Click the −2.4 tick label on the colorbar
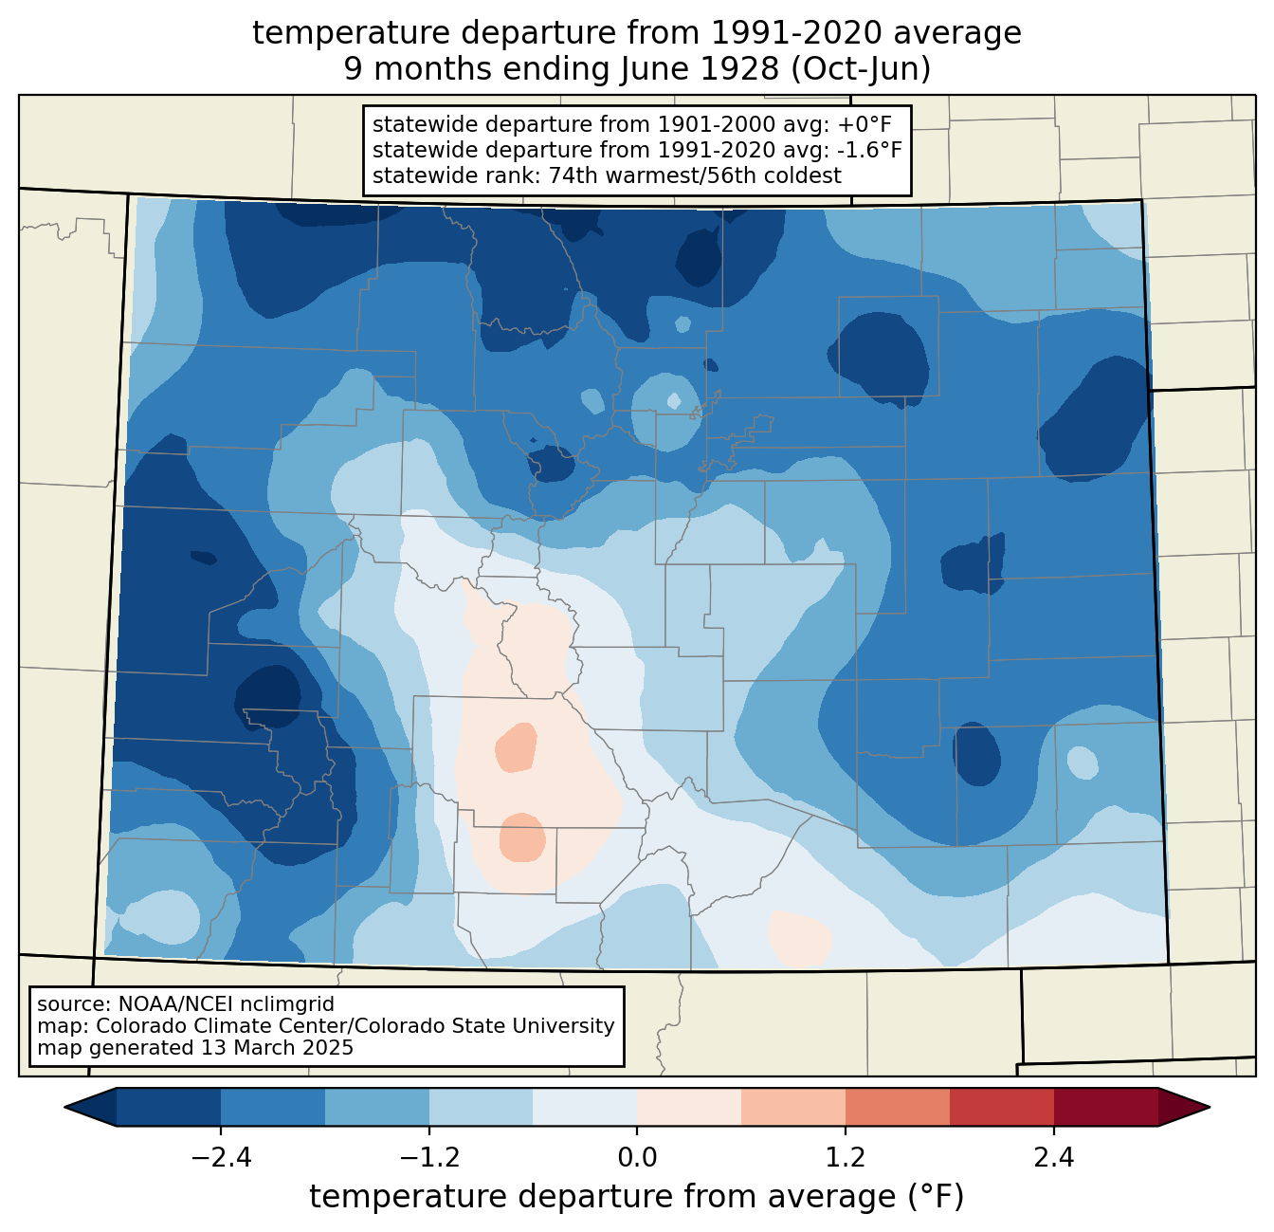(221, 1158)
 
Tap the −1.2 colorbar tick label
(429, 1158)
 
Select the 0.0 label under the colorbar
(637, 1158)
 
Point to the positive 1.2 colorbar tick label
(846, 1158)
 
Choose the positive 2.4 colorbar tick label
(1054, 1158)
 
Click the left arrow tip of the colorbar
(64, 1108)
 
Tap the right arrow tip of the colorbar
(1210, 1108)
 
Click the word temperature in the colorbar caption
(408, 1197)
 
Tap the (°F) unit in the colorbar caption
(937, 1197)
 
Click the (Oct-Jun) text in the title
(861, 69)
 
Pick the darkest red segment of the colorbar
(1106, 1108)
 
